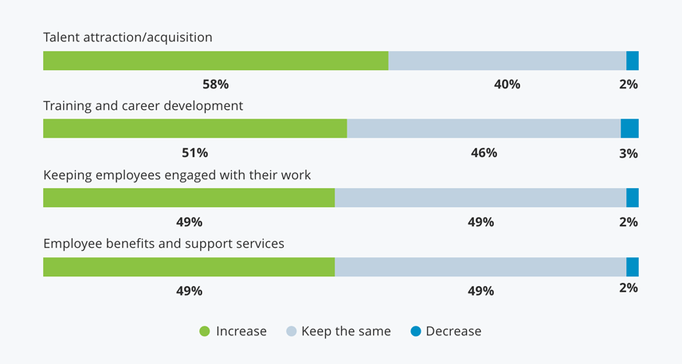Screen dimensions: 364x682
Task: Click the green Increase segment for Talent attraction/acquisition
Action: click(215, 61)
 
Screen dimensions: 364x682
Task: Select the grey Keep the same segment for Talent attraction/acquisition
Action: click(507, 61)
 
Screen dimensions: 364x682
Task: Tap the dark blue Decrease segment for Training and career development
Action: click(629, 128)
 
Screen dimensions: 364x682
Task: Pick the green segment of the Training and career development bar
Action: click(194, 128)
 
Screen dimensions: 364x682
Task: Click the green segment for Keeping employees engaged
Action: click(189, 198)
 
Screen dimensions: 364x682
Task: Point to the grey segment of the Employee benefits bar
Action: click(480, 267)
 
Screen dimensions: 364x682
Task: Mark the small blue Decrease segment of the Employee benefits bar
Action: click(633, 267)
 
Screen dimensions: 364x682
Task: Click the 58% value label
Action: click(215, 84)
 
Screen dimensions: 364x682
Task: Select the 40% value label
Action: click(507, 84)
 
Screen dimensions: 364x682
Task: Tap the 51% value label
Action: click(194, 152)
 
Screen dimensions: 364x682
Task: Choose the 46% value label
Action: click(484, 152)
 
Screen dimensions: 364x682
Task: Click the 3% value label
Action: click(629, 153)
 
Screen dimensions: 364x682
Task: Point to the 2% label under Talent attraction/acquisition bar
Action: click(629, 84)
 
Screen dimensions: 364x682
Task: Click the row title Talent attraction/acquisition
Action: click(127, 37)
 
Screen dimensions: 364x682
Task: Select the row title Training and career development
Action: click(143, 105)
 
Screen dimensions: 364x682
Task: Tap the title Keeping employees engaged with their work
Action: click(177, 174)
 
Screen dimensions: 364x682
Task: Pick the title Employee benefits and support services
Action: click(163, 244)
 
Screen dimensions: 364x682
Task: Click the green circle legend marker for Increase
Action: click(205, 331)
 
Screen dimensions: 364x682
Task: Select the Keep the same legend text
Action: click(346, 331)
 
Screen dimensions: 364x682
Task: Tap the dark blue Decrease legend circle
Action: click(416, 331)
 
